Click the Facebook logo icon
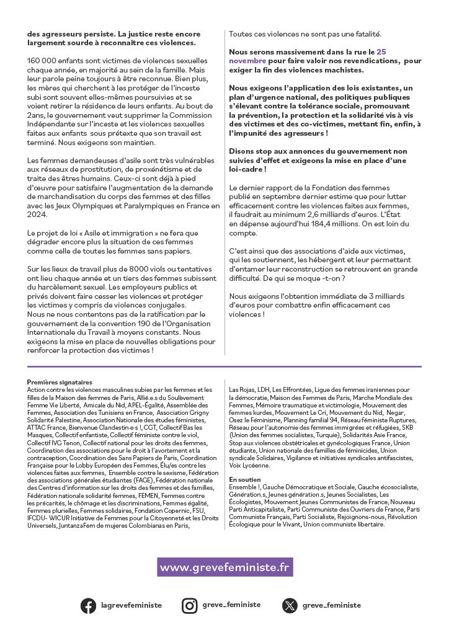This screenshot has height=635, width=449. click(89, 605)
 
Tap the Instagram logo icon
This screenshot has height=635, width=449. click(189, 605)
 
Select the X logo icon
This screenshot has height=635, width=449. click(290, 605)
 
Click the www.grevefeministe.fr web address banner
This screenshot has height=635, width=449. click(225, 567)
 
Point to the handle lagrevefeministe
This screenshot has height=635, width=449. click(131, 605)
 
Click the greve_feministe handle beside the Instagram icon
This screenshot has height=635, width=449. click(231, 605)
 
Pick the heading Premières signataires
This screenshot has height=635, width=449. click(60, 382)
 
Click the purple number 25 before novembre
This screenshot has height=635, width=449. click(381, 52)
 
